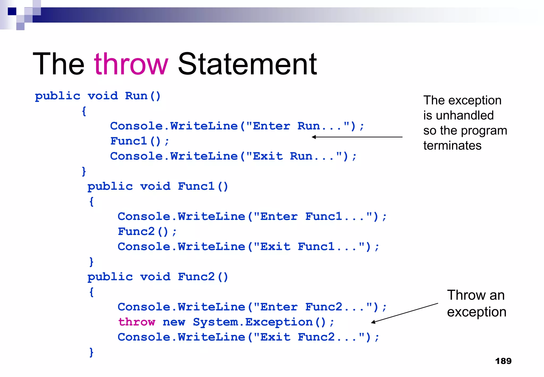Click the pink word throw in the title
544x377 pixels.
point(131,64)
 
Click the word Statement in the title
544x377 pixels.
point(247,64)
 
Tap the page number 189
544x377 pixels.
point(503,361)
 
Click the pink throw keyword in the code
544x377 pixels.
point(137,322)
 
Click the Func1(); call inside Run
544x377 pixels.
point(139,141)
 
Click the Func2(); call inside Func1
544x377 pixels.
point(147,232)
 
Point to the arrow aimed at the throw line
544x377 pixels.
point(404,313)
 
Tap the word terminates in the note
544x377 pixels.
point(452,146)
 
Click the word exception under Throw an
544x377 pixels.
point(477,312)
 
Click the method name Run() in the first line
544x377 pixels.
point(143,96)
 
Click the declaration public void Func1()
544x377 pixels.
point(158,186)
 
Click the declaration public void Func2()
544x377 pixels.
point(158,277)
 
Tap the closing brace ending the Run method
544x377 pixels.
point(84,171)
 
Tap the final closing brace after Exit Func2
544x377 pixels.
point(91,352)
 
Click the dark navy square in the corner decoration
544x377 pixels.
point(12,11)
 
